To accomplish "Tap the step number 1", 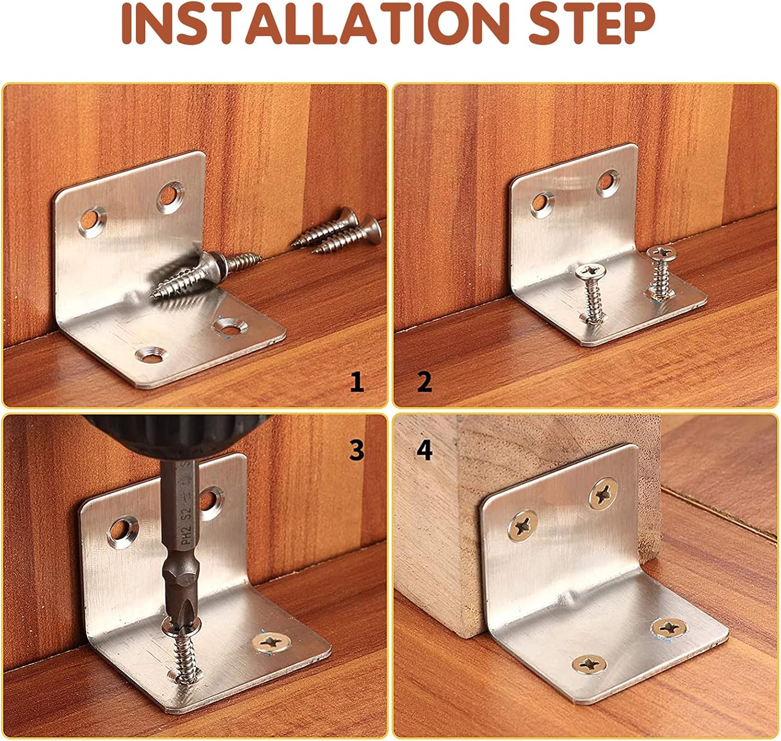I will coord(357,382).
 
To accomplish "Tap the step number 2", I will coord(425,382).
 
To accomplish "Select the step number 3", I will coord(357,451).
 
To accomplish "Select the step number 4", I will coord(425,451).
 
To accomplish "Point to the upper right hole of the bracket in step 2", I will coord(608,183).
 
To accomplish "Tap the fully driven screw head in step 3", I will coord(271,642).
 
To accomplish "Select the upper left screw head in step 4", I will coord(523,526).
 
